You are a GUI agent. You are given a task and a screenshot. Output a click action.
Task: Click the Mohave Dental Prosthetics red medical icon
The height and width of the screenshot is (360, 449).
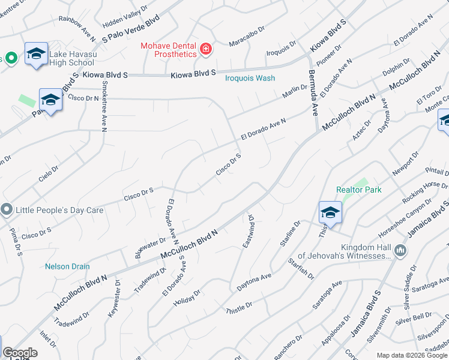[206, 49]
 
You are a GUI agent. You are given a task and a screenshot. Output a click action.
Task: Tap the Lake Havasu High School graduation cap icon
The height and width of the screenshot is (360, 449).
[36, 55]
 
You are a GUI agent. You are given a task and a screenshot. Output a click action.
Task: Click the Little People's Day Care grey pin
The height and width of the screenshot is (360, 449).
[7, 210]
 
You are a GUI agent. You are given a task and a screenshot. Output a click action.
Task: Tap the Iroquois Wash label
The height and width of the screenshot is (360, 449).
[250, 78]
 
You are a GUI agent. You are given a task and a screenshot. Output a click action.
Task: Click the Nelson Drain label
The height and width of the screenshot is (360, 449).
[67, 266]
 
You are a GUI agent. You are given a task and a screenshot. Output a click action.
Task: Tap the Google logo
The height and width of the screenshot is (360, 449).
[20, 353]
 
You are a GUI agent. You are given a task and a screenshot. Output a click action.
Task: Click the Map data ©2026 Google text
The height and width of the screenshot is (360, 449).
[412, 355]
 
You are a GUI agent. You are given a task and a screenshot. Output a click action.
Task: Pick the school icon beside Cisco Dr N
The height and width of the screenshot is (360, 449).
[50, 100]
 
